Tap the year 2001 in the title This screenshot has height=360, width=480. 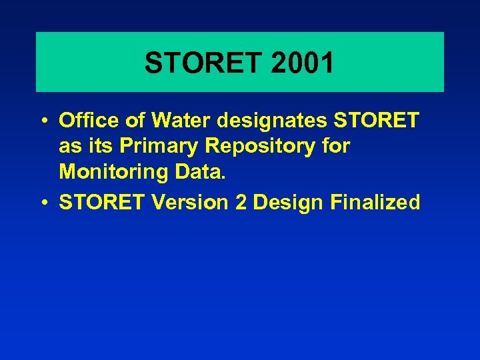click(303, 63)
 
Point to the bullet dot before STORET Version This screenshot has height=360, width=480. click(43, 203)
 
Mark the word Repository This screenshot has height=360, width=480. click(260, 146)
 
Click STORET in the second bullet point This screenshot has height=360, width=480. click(101, 203)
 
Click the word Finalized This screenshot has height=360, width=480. click(375, 203)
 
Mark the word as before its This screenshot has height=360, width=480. click(69, 146)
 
